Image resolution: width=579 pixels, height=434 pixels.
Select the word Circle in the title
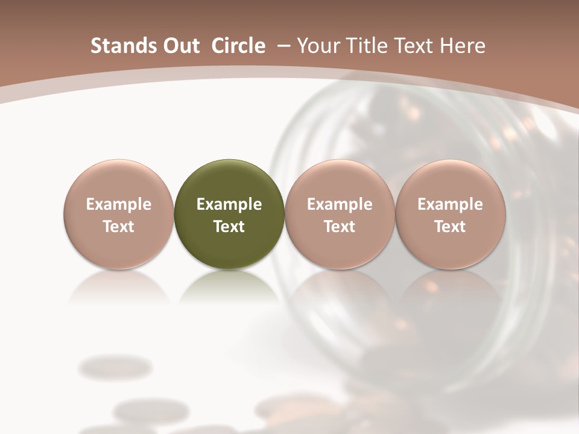tap(239, 46)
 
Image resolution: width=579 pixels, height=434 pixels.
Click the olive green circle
tap(229, 214)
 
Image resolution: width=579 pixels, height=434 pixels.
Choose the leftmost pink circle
tap(119, 214)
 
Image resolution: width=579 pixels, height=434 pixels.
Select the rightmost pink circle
tap(450, 214)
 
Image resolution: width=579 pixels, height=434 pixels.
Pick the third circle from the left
tap(340, 214)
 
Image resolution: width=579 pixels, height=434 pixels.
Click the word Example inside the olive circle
tap(229, 204)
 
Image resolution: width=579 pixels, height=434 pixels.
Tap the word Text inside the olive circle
tap(229, 227)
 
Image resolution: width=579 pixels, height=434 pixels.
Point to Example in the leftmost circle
tap(119, 204)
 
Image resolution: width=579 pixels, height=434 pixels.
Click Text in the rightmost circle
tap(450, 227)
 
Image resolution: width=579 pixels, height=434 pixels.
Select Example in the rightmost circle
tap(450, 204)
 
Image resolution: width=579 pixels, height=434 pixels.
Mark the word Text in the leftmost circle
tap(119, 227)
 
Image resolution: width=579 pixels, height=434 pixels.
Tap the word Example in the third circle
tap(340, 204)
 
